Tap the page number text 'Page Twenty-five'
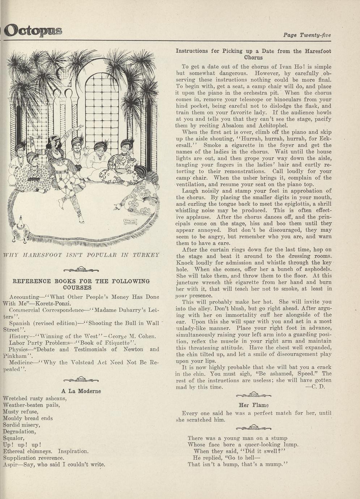coord(307,35)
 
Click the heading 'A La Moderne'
coord(81,391)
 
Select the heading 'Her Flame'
coord(254,405)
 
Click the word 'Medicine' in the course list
coord(21,362)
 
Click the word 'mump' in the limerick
coord(273,464)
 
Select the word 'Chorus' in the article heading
coord(253,57)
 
